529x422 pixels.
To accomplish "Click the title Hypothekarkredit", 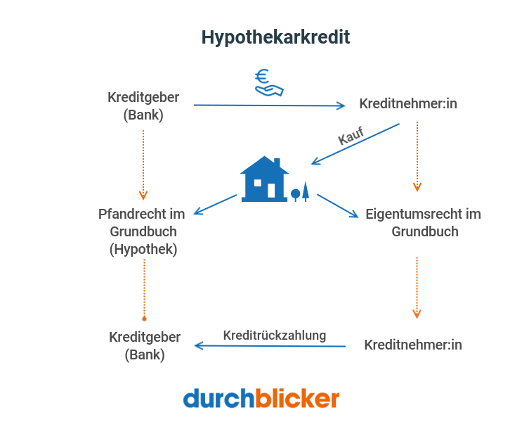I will (x=275, y=37).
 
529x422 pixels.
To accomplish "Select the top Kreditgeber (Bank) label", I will (x=143, y=105).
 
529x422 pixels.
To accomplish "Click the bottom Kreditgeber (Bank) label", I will (x=144, y=346).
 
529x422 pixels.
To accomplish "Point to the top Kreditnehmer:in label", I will (x=408, y=104).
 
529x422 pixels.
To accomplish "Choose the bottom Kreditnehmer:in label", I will (x=413, y=345).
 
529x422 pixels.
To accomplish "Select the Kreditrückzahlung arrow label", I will (x=274, y=335).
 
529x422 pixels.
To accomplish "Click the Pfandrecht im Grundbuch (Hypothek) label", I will (x=143, y=231).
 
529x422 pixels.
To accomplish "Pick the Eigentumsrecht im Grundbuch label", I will (x=423, y=222).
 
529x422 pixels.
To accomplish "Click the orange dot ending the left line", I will (x=144, y=318).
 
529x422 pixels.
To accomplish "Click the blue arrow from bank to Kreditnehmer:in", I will (x=270, y=105).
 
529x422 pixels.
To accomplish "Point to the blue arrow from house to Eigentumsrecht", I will (x=337, y=205).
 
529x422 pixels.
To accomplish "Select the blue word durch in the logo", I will (x=218, y=399).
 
